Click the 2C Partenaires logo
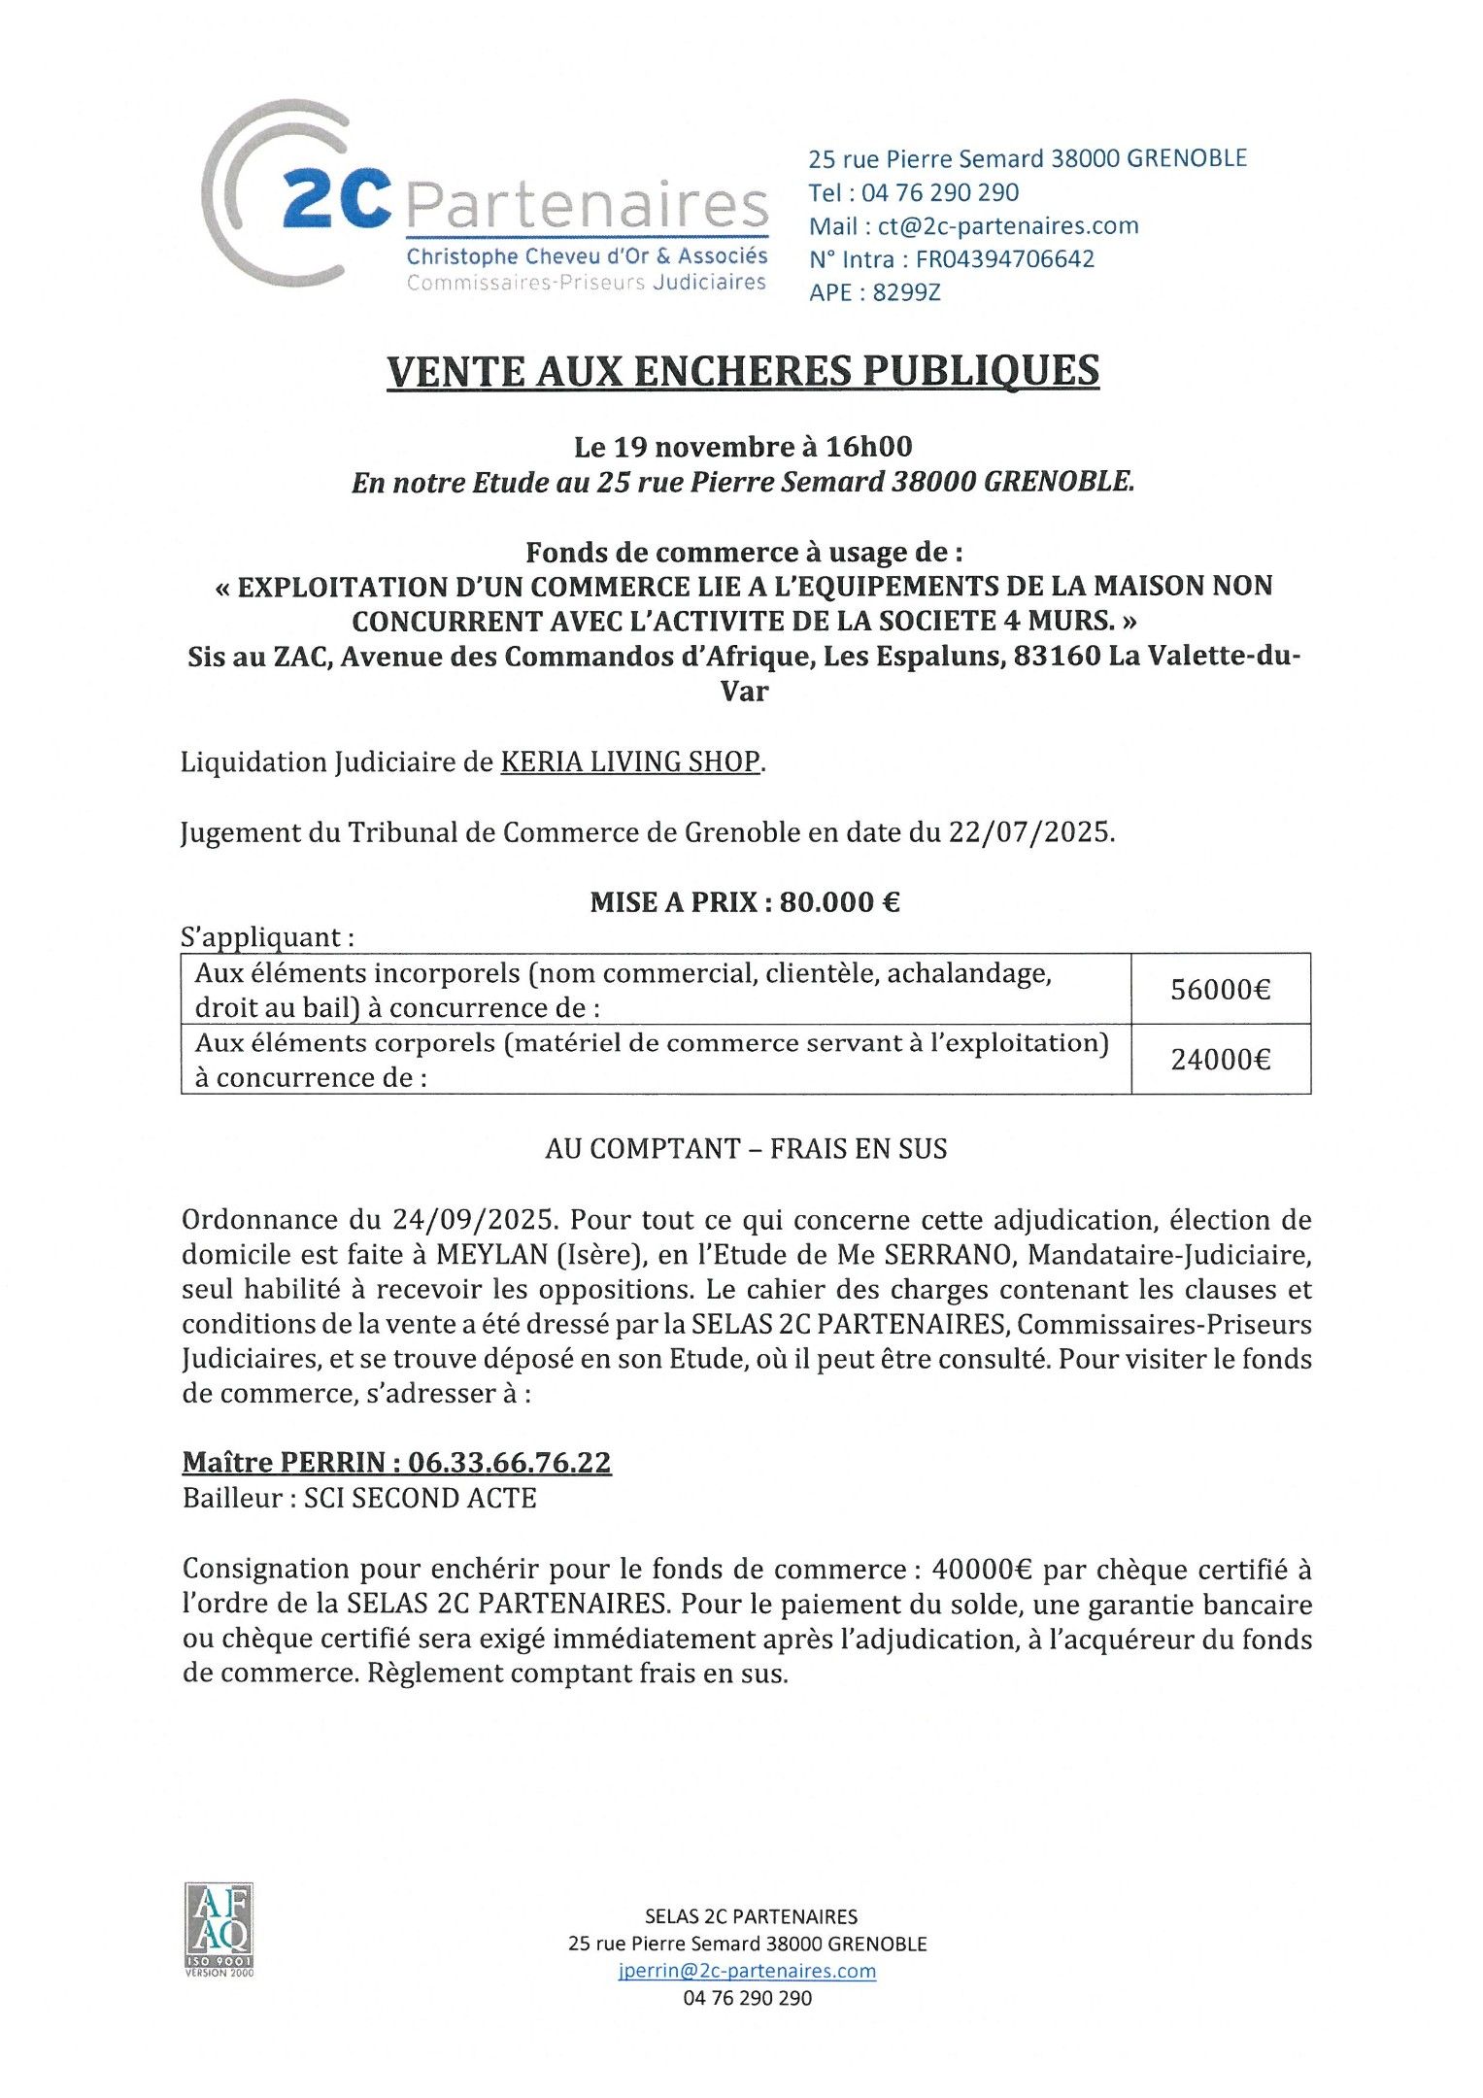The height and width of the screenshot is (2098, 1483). pyautogui.click(x=486, y=199)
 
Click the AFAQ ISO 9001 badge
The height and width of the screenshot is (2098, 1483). pyautogui.click(x=219, y=1933)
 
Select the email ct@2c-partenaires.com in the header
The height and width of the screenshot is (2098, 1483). pyautogui.click(x=1008, y=226)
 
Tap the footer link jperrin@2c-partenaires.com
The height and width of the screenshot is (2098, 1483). pyautogui.click(x=746, y=1971)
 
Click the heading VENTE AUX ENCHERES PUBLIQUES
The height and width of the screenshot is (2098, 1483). pyautogui.click(x=743, y=371)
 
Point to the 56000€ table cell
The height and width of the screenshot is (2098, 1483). pyautogui.click(x=1220, y=989)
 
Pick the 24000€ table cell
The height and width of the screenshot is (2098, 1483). pyautogui.click(x=1220, y=1059)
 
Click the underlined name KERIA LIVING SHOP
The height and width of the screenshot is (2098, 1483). pyautogui.click(x=630, y=761)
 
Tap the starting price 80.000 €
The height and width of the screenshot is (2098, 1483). pyautogui.click(x=840, y=902)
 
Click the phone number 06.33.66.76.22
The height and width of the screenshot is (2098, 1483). pyautogui.click(x=509, y=1462)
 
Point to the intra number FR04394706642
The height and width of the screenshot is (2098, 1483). pyautogui.click(x=1005, y=259)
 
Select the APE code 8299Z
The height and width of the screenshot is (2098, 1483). pyautogui.click(x=906, y=292)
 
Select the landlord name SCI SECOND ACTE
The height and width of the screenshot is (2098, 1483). pyautogui.click(x=420, y=1498)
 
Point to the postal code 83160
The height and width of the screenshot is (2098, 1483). pyautogui.click(x=1057, y=657)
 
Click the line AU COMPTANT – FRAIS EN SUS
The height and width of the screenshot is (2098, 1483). pyautogui.click(x=745, y=1149)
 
